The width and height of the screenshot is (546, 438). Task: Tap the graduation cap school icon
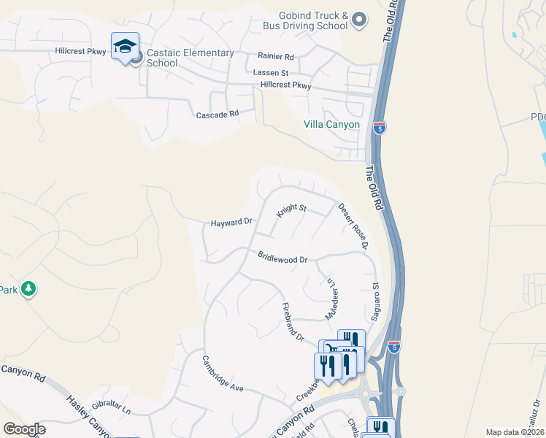(x=125, y=47)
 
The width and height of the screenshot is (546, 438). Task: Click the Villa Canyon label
(x=331, y=124)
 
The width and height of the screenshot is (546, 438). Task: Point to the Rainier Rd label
(x=275, y=56)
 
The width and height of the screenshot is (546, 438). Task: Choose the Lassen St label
(x=271, y=73)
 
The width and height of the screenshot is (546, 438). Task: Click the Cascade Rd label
(x=218, y=115)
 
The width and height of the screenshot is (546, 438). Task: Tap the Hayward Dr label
(x=231, y=222)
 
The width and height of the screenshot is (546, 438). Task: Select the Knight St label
(x=291, y=211)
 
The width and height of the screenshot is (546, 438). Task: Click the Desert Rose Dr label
(x=353, y=225)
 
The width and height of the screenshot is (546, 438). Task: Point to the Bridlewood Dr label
(x=282, y=258)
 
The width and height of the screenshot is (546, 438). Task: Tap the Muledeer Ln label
(x=329, y=299)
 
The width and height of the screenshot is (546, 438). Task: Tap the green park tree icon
(x=28, y=289)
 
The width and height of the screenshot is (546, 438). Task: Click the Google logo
(x=24, y=429)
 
